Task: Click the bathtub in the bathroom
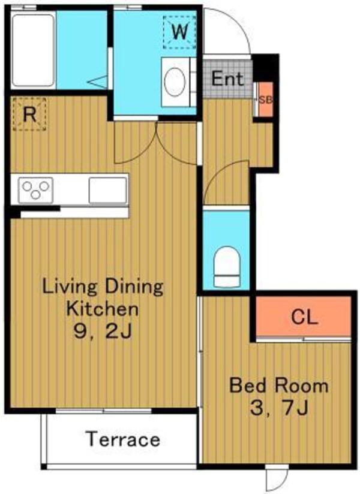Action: [x=34, y=50]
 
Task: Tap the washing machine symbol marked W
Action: [x=179, y=32]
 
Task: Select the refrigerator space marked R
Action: [x=29, y=114]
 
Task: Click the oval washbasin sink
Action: [x=175, y=82]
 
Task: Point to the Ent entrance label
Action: [x=227, y=79]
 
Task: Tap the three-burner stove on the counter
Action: [x=35, y=190]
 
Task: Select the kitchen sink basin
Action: [x=107, y=190]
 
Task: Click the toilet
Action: [x=227, y=267]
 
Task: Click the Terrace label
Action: [x=123, y=439]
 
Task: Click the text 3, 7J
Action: [x=279, y=408]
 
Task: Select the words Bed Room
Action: [x=279, y=385]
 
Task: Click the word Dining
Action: [x=134, y=288]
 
